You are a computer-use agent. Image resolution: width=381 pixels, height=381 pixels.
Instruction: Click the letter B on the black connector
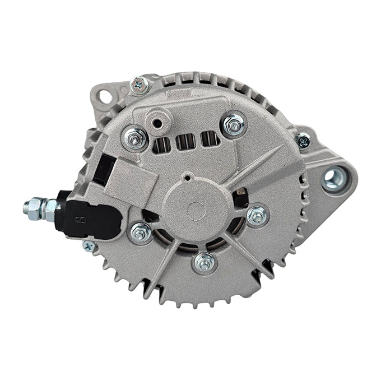[84, 220]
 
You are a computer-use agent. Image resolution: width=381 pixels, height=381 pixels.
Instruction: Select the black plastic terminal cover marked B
[84, 213]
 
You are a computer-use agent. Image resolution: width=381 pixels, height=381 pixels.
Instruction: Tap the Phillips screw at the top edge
[137, 85]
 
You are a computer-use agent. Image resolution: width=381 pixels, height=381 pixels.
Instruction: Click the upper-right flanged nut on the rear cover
[233, 123]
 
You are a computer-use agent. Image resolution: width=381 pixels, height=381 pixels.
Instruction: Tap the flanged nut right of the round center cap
[257, 215]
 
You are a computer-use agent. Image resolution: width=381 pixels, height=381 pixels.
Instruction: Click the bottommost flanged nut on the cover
[205, 262]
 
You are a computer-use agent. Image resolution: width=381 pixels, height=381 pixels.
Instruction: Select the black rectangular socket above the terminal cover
[104, 170]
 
